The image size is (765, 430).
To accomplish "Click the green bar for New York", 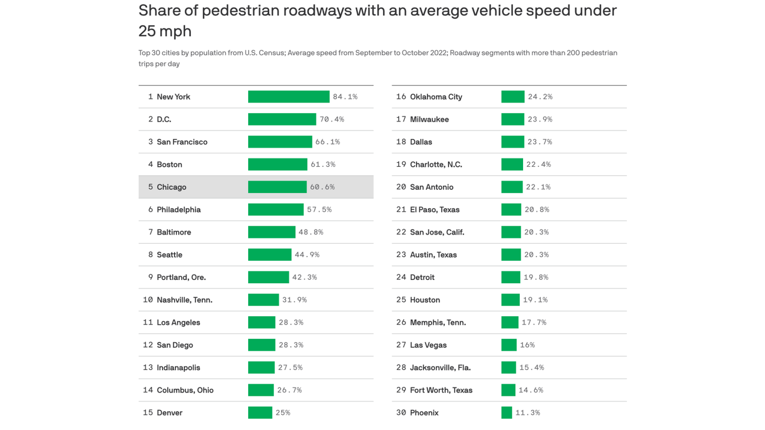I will pos(288,97).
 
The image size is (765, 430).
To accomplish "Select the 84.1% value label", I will pos(345,97).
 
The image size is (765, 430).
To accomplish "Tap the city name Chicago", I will pos(171,187).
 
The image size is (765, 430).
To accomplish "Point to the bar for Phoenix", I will pos(506,413).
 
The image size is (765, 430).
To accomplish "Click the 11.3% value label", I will pos(528,413).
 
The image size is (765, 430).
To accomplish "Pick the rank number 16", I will pos(401,97).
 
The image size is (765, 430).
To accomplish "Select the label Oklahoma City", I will pos(436,97).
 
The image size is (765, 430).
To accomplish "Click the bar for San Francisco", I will pos(280,142).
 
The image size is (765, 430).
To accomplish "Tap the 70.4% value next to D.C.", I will pos(332,119).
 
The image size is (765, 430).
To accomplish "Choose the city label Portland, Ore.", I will pos(181,277).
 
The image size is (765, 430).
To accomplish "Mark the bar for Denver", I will pos(260,413).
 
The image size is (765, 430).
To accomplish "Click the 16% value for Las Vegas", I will pos(527,345).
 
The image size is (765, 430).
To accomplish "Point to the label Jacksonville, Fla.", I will pos(440,368).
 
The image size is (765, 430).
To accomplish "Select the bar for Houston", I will pos(510,300).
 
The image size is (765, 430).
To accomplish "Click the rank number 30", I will pos(401,413).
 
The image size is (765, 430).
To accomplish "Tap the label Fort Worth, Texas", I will pos(441,390).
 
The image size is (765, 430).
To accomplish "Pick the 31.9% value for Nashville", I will pos(295,300).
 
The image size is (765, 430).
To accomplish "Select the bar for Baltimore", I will pos(272,232).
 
